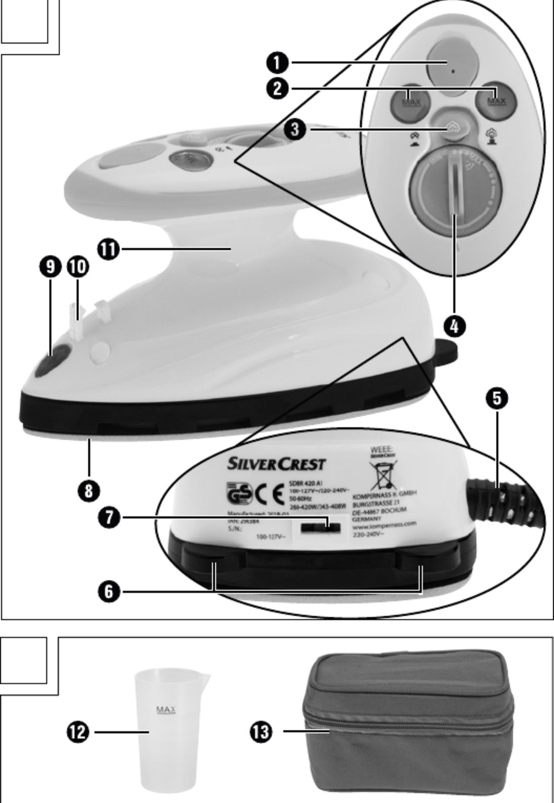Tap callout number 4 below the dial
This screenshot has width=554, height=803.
(x=454, y=326)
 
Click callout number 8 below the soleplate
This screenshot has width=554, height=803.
(x=89, y=491)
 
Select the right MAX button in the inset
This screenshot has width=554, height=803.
(x=496, y=101)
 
